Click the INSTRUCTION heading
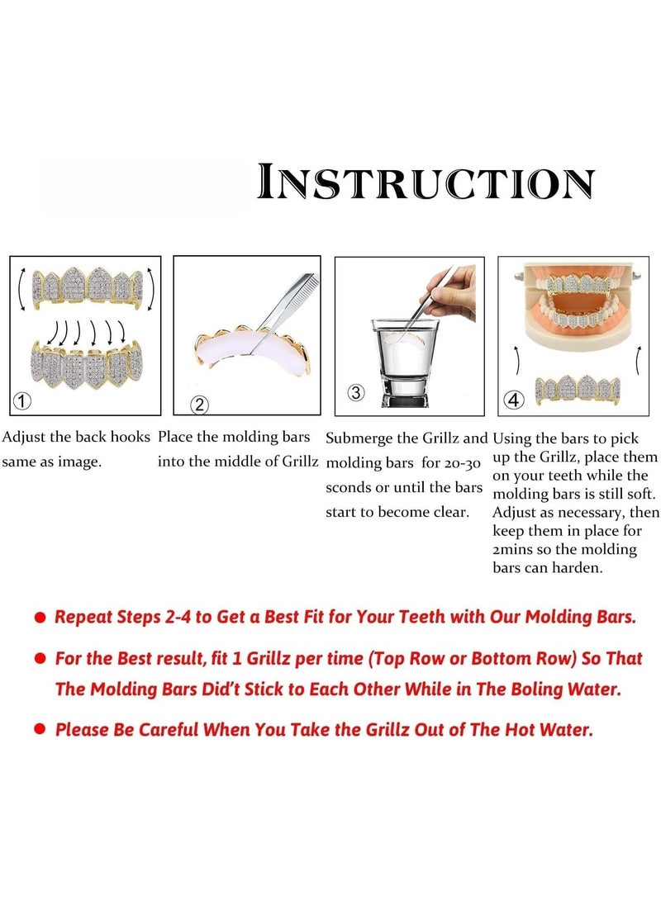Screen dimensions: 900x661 point(426,182)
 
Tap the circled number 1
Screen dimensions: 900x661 point(23,402)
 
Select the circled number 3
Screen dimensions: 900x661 point(355,392)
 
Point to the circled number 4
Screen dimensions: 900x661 point(514,400)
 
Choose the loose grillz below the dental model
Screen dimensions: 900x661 point(578,389)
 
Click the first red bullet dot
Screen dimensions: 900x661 point(40,618)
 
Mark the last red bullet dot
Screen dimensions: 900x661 point(40,731)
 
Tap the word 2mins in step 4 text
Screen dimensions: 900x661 point(516,549)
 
